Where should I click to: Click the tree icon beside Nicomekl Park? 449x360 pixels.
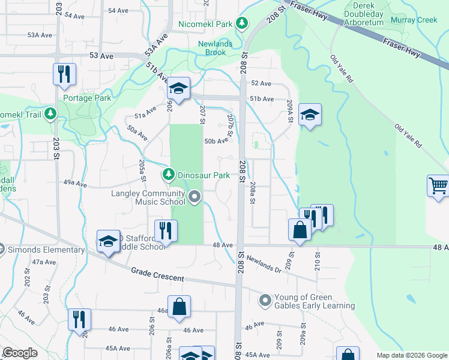coord(242,24)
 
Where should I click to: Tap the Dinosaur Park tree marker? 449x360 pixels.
coord(169,175)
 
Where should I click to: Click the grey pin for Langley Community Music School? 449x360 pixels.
coord(194,197)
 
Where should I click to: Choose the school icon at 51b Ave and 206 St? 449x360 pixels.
coord(178,88)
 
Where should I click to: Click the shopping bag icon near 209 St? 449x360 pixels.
coord(300,229)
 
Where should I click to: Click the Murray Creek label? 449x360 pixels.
coord(414,20)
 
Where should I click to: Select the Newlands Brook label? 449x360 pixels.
coord(221,47)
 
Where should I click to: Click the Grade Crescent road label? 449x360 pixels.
coord(158,275)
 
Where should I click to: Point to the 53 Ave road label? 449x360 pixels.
coord(101,56)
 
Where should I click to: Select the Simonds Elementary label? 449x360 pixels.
coord(47,250)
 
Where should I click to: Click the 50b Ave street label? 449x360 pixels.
coord(217,142)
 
